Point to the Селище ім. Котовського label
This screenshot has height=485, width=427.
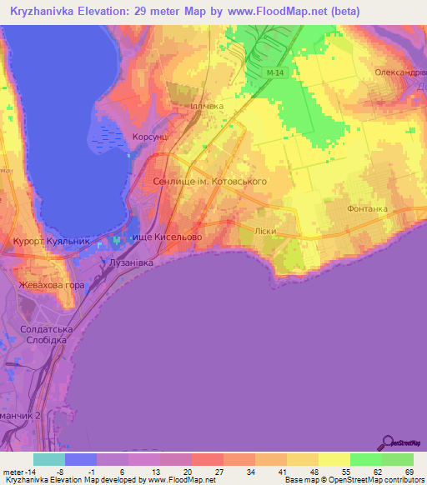210,181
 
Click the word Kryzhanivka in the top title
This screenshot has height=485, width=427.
43,10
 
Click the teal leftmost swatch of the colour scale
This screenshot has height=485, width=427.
49,459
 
